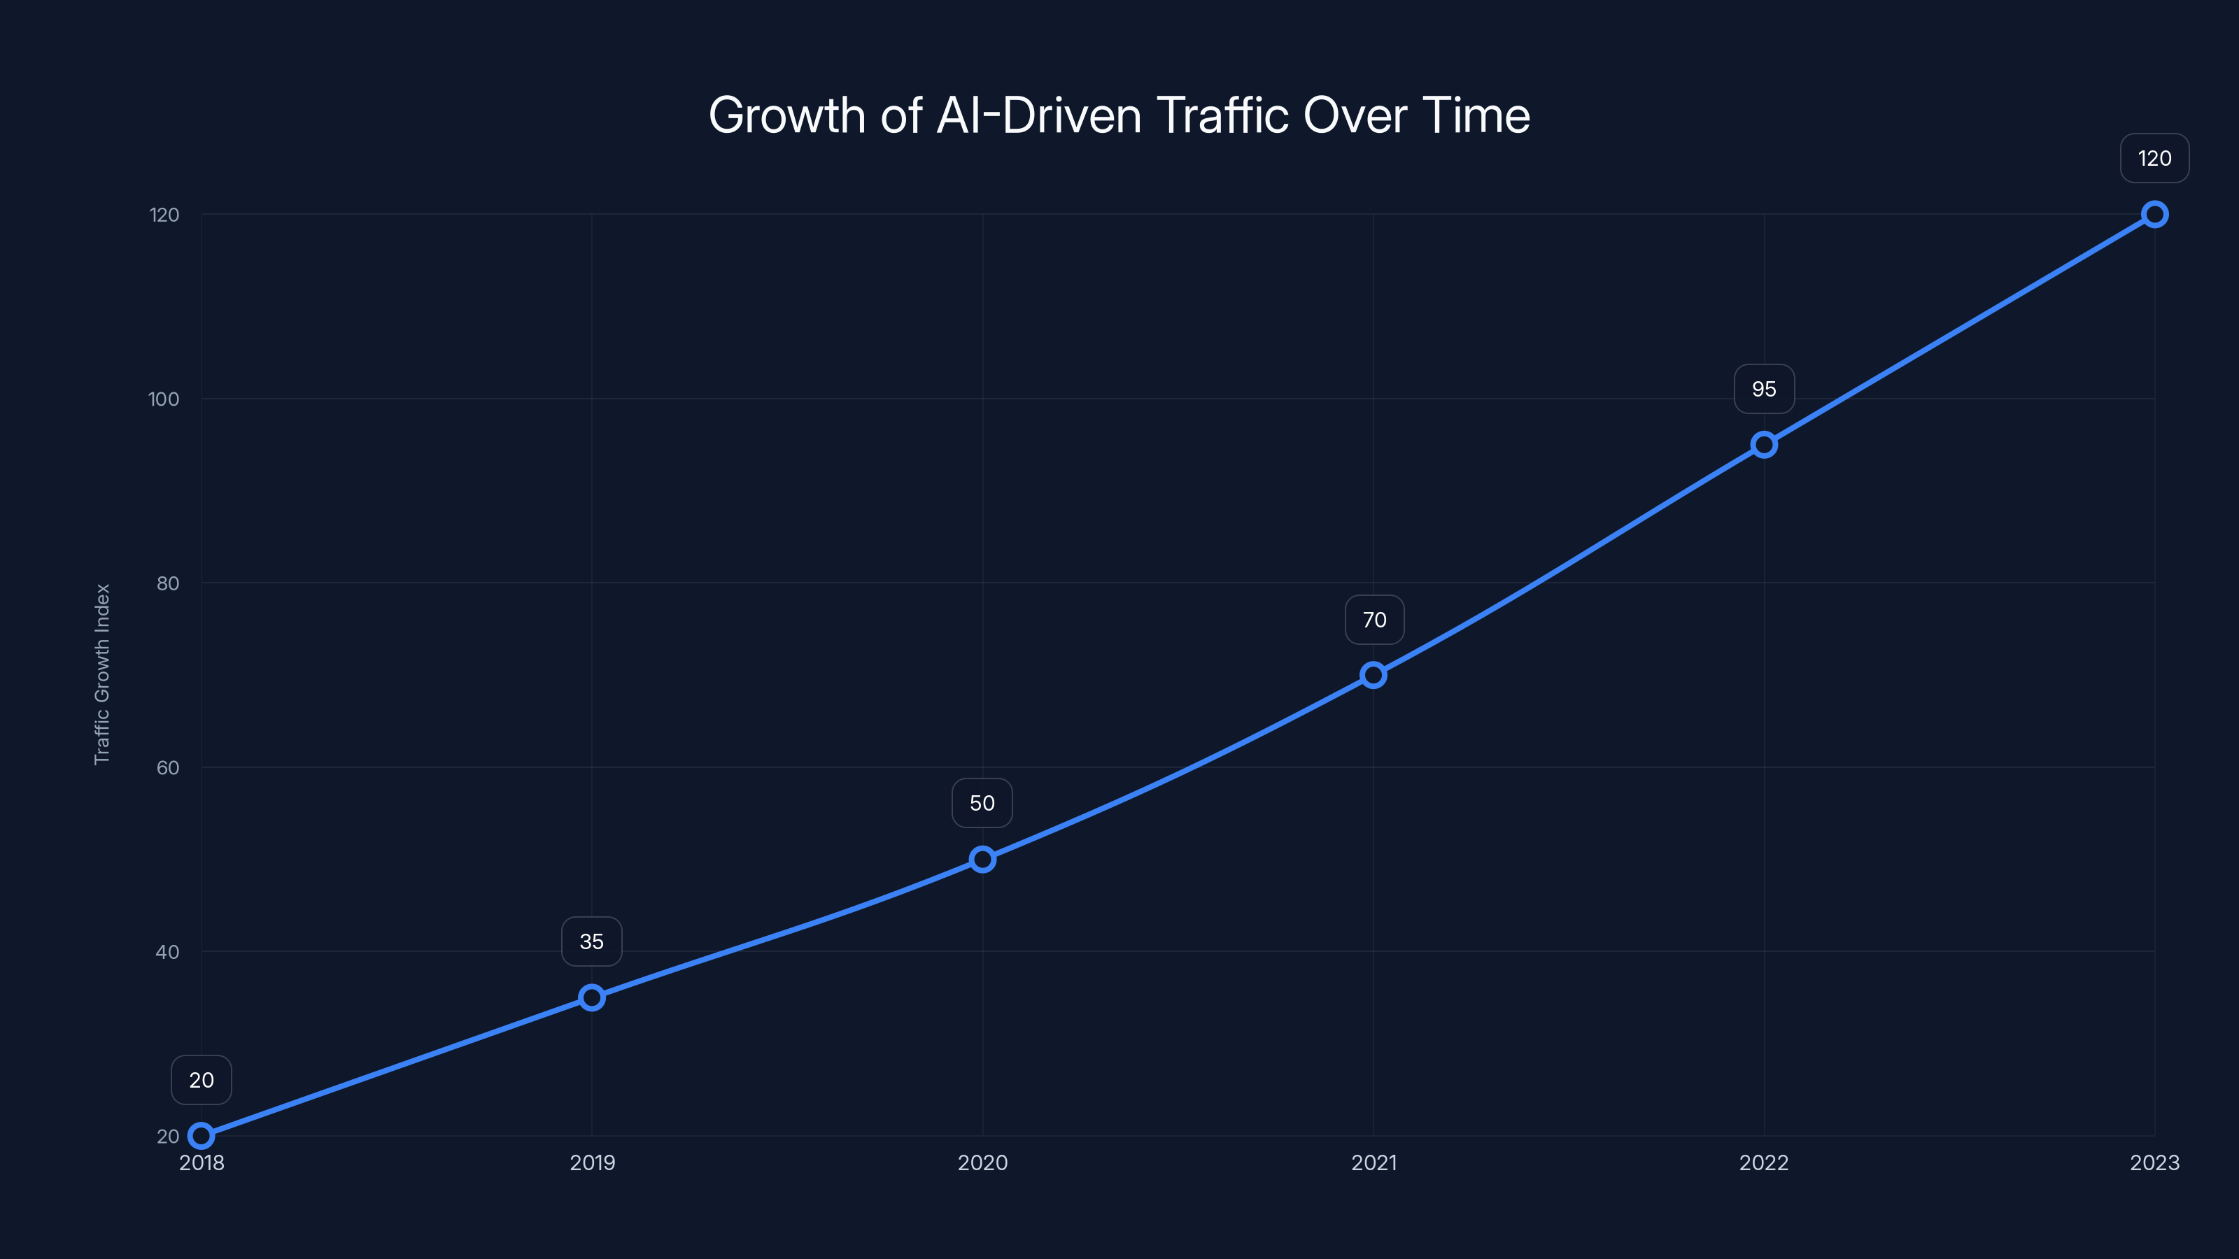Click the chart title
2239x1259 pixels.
(1119, 115)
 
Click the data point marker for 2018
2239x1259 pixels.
(201, 1136)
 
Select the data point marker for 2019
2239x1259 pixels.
(592, 997)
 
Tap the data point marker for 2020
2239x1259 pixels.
(982, 860)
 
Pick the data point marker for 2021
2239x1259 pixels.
(1373, 675)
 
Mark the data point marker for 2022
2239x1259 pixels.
(1763, 445)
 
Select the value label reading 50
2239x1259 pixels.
(982, 804)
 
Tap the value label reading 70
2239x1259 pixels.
(1374, 620)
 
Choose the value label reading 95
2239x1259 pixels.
(1763, 390)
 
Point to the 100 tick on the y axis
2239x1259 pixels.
(164, 399)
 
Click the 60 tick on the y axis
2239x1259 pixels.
(167, 768)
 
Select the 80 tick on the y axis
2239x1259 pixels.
(167, 584)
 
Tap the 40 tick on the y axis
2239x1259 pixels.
(167, 952)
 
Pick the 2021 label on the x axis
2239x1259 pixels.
(1373, 1163)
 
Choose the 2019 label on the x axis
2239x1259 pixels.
(592, 1163)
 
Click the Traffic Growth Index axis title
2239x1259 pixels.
(103, 674)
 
